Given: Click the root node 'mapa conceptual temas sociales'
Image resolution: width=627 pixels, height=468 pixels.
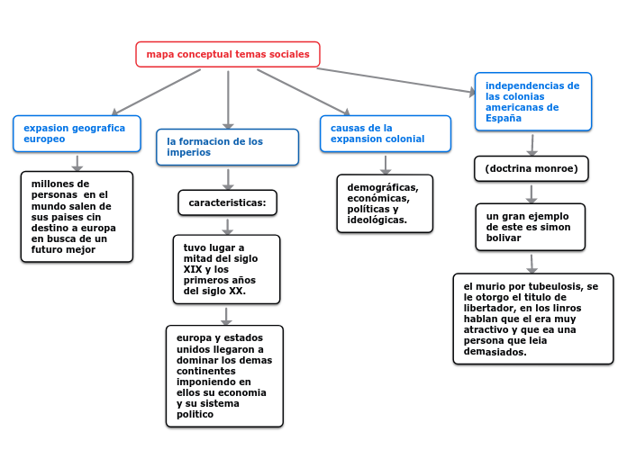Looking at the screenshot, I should point(228,55).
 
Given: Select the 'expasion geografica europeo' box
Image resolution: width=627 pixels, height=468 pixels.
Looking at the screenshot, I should point(77,133).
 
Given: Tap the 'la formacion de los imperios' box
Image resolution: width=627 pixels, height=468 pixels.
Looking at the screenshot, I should point(228,147).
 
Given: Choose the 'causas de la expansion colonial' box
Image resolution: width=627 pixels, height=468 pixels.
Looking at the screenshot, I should point(386,133).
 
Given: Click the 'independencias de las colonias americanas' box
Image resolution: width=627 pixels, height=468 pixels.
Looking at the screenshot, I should point(533,102).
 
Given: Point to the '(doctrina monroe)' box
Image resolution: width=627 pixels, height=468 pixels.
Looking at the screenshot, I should point(532,168).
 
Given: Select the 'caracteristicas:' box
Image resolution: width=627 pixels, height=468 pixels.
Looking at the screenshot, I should point(227,202).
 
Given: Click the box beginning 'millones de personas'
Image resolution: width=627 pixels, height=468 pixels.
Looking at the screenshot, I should point(77,216).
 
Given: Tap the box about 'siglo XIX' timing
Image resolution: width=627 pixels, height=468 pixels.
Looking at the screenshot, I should point(226,269).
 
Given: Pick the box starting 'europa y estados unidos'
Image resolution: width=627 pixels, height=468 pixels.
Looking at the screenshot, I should point(224,375).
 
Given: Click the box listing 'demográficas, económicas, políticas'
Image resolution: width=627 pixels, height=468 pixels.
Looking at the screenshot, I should point(385,203).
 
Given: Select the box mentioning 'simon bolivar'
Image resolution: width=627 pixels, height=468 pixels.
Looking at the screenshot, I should point(530,227).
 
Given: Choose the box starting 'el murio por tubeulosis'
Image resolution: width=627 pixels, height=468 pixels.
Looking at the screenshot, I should point(533,319).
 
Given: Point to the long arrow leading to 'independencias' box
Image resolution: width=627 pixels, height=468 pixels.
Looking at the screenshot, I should point(396,80).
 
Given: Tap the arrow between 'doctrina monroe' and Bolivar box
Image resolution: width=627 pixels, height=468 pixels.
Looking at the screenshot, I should point(532,193).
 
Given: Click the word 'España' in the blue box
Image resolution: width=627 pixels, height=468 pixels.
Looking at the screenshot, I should point(504,118).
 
